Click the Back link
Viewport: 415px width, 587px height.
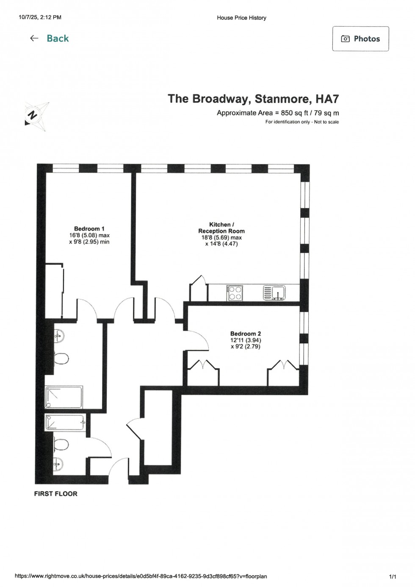click(x=49, y=39)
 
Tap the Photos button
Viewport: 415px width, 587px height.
click(x=360, y=39)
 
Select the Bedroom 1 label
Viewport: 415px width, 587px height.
click(x=89, y=229)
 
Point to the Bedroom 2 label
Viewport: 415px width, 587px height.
click(x=246, y=334)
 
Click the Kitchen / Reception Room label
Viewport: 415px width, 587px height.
click(x=221, y=228)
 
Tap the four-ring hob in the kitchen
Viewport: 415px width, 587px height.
click(x=235, y=293)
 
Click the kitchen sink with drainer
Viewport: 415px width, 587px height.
click(x=274, y=292)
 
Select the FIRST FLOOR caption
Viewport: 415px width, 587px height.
click(x=56, y=494)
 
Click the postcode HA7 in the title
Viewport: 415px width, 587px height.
click(x=327, y=99)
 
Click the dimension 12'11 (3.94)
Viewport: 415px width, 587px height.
click(x=246, y=340)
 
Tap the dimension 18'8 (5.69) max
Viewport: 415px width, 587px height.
click(x=221, y=238)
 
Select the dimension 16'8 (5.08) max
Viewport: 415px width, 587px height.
click(x=89, y=235)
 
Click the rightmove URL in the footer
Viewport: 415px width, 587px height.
click(x=141, y=576)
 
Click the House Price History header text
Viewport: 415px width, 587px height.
click(x=241, y=18)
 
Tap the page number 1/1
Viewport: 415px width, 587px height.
click(x=393, y=576)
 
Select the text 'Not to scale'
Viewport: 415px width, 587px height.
click(x=326, y=122)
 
